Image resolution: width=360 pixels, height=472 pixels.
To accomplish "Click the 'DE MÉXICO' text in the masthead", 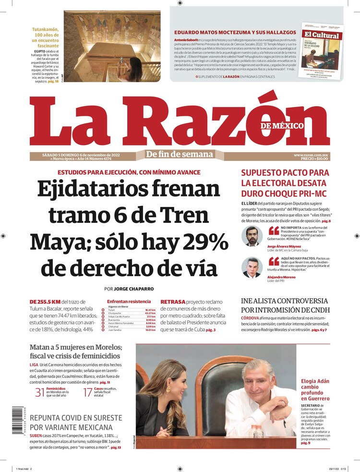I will (x=282, y=126).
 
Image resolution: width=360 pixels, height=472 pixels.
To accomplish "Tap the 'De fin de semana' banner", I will (x=180, y=154).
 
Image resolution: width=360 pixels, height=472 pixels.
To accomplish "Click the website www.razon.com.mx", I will (x=311, y=155).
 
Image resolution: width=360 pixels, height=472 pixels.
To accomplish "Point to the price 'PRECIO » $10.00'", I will (x=312, y=159).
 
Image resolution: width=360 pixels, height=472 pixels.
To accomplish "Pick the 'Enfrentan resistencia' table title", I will (x=129, y=301).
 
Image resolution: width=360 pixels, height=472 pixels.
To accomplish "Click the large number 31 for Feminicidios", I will (x=40, y=392).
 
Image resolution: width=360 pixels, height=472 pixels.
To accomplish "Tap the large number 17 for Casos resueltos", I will (x=87, y=392).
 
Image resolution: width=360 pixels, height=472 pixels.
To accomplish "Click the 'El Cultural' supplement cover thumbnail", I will (x=322, y=51).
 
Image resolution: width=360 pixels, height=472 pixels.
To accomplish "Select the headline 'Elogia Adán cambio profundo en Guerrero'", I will (x=315, y=389).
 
